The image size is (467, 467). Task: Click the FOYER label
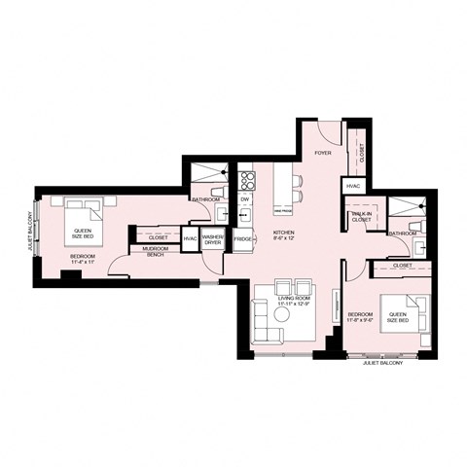coord(322,154)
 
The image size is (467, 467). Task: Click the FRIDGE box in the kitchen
coord(243,239)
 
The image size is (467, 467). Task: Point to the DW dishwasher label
coord(244,199)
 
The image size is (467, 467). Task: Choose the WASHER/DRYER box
coord(213,239)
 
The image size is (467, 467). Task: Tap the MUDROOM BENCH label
coord(157,253)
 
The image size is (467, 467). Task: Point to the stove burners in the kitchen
coord(246,179)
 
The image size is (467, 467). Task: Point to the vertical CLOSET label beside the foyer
coord(361,151)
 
